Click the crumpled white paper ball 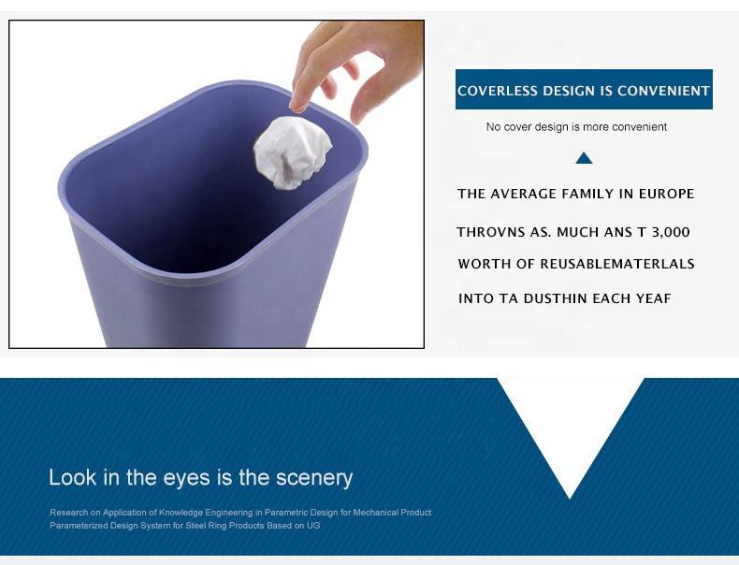pyautogui.click(x=293, y=152)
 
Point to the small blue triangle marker pyautogui.click(x=584, y=158)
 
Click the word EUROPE pyautogui.click(x=666, y=194)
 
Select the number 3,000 pyautogui.click(x=671, y=232)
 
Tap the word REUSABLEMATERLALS pyautogui.click(x=617, y=264)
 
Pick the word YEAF pyautogui.click(x=653, y=298)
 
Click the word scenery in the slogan pyautogui.click(x=314, y=478)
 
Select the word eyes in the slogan pyautogui.click(x=186, y=478)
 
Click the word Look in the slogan pyautogui.click(x=73, y=477)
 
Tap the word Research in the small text pyautogui.click(x=69, y=513)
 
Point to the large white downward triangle pyautogui.click(x=570, y=424)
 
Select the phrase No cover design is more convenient pyautogui.click(x=576, y=127)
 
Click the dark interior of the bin pyautogui.click(x=179, y=189)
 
